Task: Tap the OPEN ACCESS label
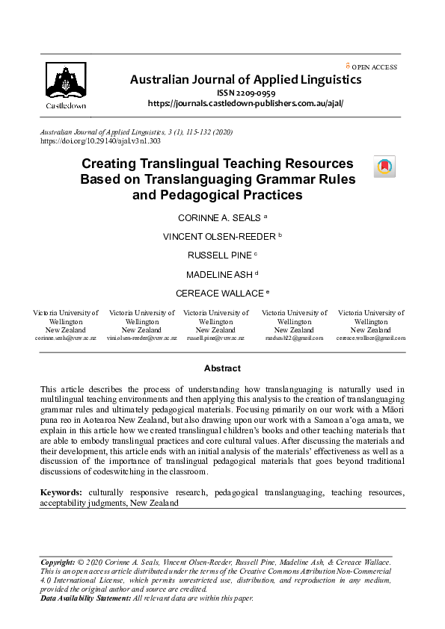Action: point(374,67)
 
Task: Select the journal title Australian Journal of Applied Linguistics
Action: point(246,79)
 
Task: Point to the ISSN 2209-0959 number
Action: point(246,92)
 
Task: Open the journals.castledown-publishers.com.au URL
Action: point(246,103)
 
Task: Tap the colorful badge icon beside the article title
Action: point(384,167)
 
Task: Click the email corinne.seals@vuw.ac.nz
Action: point(65,338)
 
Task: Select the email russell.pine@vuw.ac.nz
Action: point(215,338)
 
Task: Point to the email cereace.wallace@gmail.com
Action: point(371,338)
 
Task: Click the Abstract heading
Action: point(222,368)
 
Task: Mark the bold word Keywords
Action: point(61,493)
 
